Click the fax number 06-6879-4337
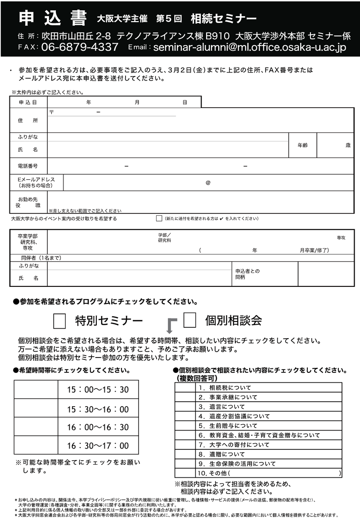[80, 47]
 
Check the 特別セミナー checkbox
[59, 321]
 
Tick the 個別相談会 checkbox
[189, 320]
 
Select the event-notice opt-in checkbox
[159, 218]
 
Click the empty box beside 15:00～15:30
[36, 390]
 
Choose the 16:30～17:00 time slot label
[98, 445]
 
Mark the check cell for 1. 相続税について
[184, 388]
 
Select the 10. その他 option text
[214, 473]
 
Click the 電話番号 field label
[28, 166]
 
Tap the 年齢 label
[302, 145]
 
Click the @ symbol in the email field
[208, 183]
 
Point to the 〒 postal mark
[51, 112]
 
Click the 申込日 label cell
[28, 103]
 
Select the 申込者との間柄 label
[247, 274]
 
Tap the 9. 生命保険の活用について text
[237, 464]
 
